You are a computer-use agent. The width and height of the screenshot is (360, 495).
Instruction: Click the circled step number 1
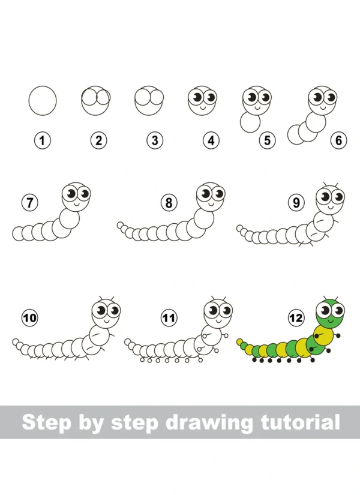click(x=43, y=140)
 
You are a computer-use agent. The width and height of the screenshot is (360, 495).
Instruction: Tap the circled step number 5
click(x=267, y=140)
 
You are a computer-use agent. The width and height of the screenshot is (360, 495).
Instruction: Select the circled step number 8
click(x=169, y=202)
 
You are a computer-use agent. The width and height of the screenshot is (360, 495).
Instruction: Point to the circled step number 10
click(x=29, y=317)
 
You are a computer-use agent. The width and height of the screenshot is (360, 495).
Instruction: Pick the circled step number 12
click(x=296, y=317)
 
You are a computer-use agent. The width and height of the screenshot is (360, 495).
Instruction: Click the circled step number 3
click(x=155, y=140)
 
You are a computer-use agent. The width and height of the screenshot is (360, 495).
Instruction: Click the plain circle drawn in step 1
click(x=43, y=100)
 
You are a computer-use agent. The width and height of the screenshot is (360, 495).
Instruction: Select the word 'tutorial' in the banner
click(x=301, y=421)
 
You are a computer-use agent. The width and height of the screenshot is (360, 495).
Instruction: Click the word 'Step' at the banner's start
click(x=47, y=422)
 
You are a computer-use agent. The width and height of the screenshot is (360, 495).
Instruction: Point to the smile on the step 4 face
click(x=202, y=108)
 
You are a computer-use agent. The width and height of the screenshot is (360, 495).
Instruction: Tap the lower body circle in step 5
click(x=250, y=122)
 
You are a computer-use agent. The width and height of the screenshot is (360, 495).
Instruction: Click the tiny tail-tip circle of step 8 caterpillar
click(x=120, y=225)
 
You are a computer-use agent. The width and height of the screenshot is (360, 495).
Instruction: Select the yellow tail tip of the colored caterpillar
click(x=239, y=341)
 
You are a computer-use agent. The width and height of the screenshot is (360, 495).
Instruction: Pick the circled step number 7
click(x=29, y=202)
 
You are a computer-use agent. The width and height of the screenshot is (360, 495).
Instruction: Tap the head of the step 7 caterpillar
click(x=76, y=196)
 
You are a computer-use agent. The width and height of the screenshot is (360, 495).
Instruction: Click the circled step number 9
click(x=296, y=202)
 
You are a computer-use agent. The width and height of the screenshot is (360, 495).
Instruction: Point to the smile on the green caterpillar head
click(x=331, y=322)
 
